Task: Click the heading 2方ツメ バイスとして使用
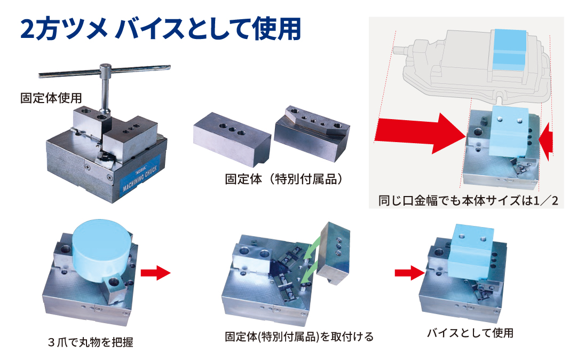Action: [161, 29]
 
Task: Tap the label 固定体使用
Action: [51, 98]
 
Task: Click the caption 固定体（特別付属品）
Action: [283, 179]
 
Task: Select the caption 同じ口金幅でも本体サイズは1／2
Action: [468, 200]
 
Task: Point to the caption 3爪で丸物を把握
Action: [91, 342]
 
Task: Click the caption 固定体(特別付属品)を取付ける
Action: [299, 336]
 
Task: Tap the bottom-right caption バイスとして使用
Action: [470, 332]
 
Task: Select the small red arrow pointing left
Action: [546, 142]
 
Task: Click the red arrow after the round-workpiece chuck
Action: [155, 272]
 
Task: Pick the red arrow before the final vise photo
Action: [409, 273]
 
